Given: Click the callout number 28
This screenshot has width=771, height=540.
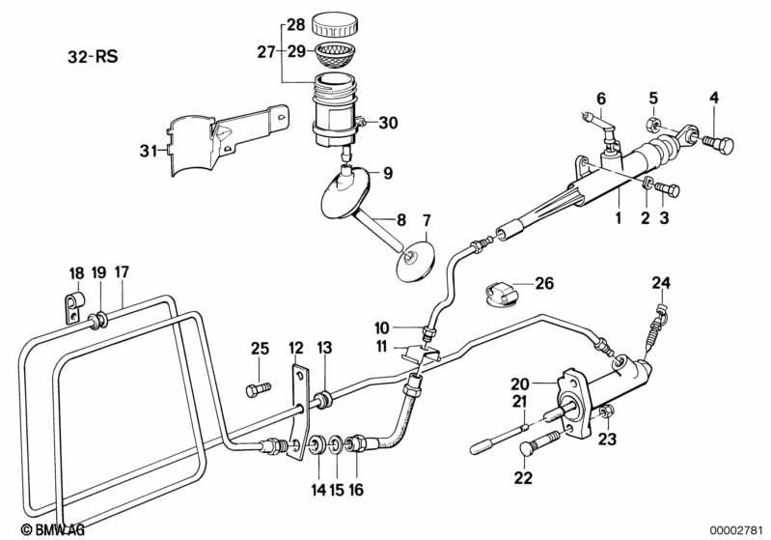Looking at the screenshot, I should (296, 23).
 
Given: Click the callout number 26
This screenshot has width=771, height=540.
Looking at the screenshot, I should (545, 284).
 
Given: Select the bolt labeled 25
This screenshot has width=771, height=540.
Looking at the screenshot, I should (257, 389).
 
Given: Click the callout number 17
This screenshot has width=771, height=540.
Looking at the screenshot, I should (121, 272).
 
